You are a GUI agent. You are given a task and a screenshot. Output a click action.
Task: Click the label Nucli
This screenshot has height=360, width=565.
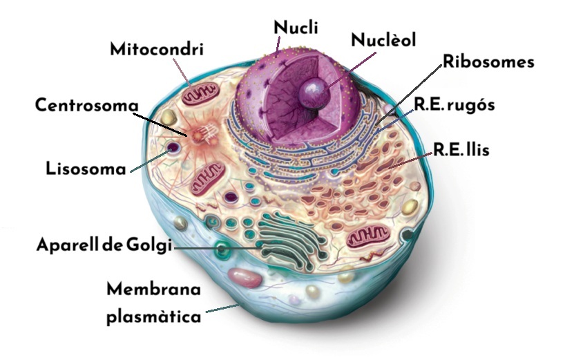point(296,28)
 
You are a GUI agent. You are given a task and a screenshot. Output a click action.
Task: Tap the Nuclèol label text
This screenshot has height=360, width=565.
point(383,39)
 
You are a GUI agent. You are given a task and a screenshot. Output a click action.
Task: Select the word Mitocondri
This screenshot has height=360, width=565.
point(157,49)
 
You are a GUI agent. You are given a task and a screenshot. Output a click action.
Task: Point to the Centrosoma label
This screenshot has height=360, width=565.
point(87,105)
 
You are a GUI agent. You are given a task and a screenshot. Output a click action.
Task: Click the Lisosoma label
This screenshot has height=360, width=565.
point(86,169)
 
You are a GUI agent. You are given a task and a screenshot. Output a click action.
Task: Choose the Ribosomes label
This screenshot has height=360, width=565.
point(488,61)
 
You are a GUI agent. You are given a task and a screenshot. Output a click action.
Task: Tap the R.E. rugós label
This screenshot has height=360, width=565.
point(454,105)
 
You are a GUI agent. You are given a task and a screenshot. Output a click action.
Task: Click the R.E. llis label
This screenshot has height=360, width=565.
point(461,149)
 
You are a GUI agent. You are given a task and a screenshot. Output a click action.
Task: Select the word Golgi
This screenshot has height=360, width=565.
point(149,245)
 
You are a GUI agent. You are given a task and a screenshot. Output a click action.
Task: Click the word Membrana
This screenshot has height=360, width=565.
point(154,289)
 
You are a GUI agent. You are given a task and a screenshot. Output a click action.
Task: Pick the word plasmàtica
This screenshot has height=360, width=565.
point(154,317)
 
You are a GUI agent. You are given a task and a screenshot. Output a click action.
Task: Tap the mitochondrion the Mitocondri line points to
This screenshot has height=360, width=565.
point(200,94)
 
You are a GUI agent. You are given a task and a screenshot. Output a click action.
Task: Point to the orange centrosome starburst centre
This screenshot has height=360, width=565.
point(198,136)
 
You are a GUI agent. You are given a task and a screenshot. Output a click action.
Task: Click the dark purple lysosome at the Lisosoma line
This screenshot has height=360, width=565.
point(174,147)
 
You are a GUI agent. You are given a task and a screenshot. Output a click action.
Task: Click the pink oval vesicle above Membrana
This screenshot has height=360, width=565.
point(245,278)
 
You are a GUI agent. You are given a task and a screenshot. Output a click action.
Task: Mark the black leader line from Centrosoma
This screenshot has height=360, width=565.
point(160,124)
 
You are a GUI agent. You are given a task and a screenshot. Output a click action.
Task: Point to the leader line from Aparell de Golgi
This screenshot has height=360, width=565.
point(218,249)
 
